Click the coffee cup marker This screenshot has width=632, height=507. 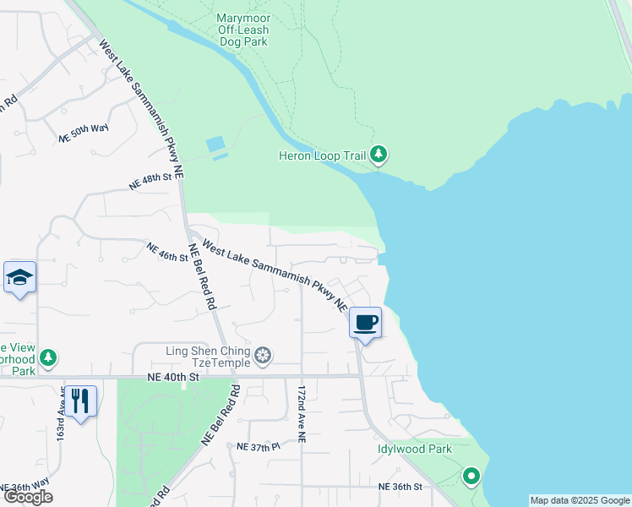point(366,322)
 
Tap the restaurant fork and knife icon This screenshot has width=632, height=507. point(79,400)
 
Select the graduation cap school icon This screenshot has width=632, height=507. point(19,277)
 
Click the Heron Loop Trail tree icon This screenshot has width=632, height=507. point(379,155)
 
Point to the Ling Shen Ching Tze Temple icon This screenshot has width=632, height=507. point(264,357)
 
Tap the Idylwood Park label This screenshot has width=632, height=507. point(415,450)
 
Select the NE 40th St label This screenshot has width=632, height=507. point(172,378)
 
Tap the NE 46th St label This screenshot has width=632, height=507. point(166,253)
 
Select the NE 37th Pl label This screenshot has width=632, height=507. point(259,446)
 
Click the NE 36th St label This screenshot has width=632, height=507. point(400,487)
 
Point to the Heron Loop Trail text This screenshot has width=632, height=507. point(324,155)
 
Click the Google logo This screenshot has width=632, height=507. point(28,497)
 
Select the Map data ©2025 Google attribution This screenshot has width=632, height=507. point(579,500)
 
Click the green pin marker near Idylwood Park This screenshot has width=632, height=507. point(471,477)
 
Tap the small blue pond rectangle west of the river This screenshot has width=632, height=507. point(216,144)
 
